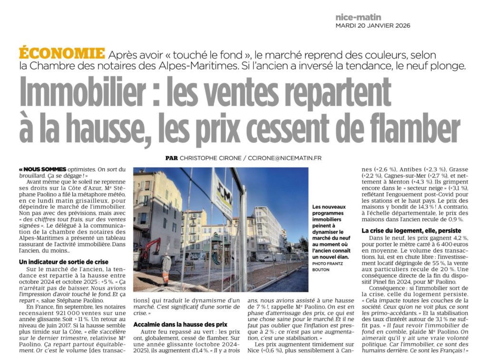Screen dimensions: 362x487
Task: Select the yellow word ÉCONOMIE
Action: point(62,53)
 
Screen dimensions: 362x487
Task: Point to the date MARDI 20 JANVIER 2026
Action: point(372,26)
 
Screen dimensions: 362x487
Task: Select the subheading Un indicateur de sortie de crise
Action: point(64,262)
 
